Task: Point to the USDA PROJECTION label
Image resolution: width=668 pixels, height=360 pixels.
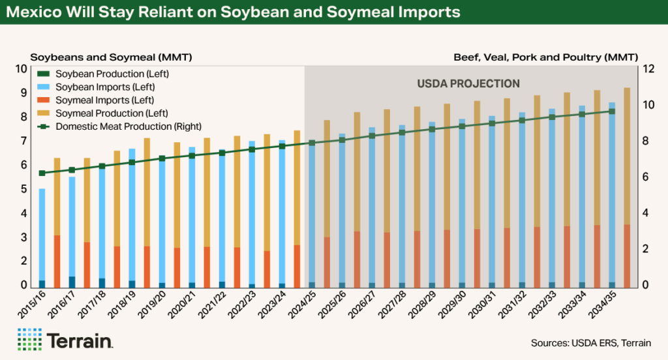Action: tap(468, 83)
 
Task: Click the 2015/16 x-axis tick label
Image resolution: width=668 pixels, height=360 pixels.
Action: tap(33, 305)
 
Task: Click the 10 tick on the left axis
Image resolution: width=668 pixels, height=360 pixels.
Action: tap(22, 69)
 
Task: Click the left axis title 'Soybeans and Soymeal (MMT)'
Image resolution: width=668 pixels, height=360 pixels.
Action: tap(111, 57)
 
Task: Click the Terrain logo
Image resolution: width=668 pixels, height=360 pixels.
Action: tap(65, 340)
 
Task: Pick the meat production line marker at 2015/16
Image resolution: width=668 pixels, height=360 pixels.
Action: tap(42, 173)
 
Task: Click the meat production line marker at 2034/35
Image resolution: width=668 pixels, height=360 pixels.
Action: tap(612, 112)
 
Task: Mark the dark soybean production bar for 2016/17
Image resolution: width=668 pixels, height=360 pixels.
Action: tap(72, 282)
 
